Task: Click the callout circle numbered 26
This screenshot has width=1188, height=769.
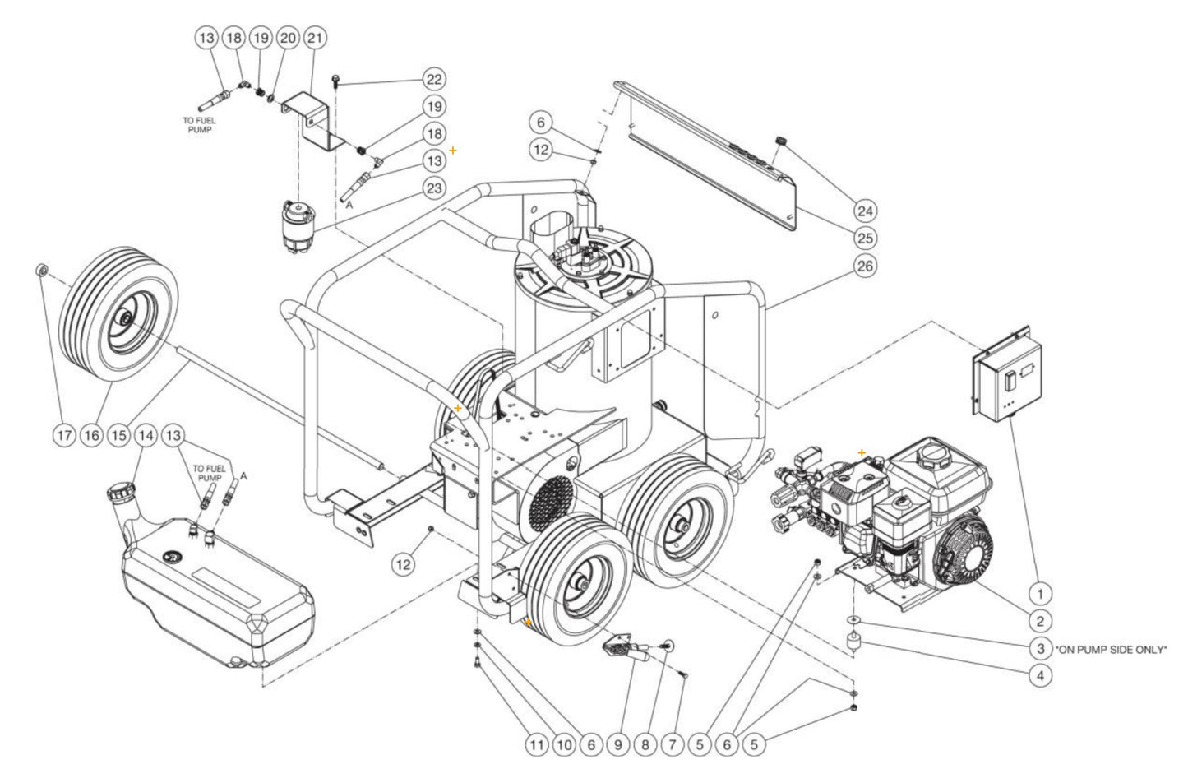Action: tap(864, 266)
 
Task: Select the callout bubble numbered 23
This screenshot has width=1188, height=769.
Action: tap(432, 188)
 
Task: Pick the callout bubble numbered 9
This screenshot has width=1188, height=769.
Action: tap(617, 745)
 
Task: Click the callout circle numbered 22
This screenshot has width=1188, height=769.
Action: tap(432, 79)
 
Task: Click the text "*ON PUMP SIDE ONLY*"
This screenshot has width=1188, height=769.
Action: tap(1111, 649)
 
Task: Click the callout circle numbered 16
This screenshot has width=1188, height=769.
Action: tap(92, 435)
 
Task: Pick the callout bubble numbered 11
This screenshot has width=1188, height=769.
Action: tap(536, 745)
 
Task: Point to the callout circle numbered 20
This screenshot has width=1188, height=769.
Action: tap(288, 37)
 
